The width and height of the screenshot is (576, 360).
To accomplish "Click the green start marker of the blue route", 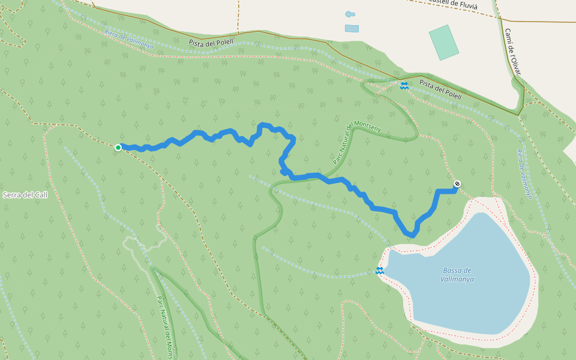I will click(118, 147).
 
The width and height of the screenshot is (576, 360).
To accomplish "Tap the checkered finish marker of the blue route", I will click(457, 184).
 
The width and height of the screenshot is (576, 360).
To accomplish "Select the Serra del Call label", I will click(25, 195).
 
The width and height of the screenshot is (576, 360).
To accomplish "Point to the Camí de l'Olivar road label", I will click(513, 52).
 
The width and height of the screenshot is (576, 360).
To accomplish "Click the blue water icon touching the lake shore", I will click(379, 271).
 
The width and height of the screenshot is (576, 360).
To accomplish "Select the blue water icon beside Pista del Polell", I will click(404, 85).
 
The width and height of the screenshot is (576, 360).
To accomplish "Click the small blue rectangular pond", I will click(352, 28).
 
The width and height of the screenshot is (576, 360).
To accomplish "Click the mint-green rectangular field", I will click(444, 42).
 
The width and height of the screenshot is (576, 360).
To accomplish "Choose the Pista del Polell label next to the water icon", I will click(440, 90).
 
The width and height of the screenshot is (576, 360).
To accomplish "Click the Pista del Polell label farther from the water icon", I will click(211, 43).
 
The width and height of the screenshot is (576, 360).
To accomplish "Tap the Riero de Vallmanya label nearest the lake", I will click(524, 174).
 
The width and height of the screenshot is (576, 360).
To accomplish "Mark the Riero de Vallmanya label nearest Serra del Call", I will click(129, 40).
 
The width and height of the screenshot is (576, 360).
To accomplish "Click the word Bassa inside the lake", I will click(457, 271).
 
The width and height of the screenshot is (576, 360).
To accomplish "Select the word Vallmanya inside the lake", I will click(457, 279).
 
